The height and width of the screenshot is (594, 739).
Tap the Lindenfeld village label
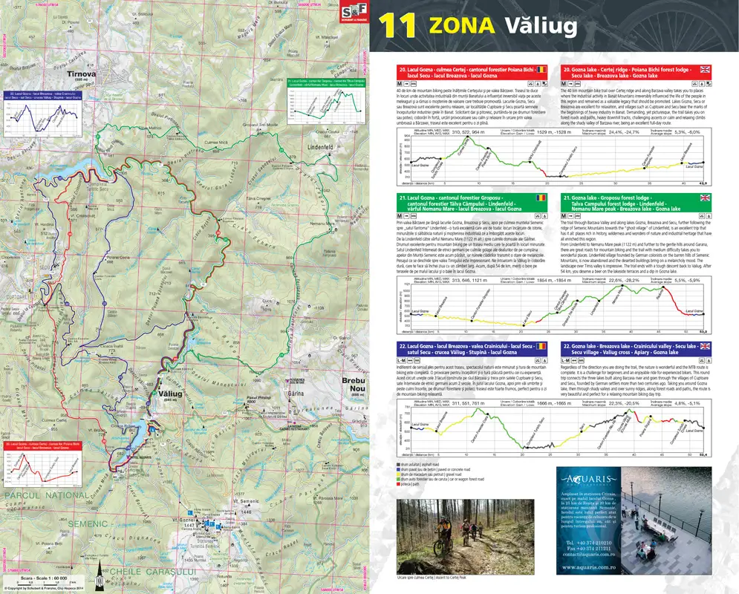(319, 147)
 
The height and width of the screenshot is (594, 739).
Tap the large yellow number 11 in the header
(398, 26)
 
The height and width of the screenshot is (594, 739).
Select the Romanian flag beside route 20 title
(541, 69)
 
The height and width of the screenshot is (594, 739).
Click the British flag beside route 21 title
(705, 198)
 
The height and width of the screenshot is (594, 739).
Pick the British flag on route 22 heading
(705, 345)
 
